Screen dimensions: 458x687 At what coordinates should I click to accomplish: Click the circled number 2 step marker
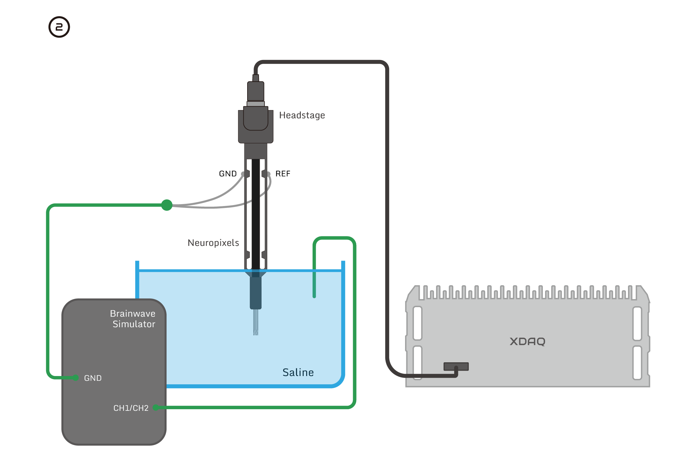tap(59, 27)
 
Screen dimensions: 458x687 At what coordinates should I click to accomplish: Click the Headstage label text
tap(302, 115)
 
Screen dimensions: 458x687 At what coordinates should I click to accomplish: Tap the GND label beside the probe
tap(228, 174)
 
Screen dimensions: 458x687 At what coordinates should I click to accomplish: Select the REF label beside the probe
tap(283, 174)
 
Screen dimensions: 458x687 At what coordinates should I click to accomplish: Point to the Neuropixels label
tap(213, 243)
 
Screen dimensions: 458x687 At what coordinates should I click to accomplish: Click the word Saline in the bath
tap(298, 373)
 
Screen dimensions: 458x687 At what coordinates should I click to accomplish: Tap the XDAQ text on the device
tap(527, 342)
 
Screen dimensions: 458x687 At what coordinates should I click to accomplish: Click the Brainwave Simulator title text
tap(133, 319)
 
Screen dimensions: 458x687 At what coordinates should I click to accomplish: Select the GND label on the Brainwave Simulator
tap(93, 378)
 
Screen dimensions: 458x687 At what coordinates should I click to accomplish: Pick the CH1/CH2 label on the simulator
tap(131, 408)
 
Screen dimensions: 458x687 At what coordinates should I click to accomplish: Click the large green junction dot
tap(167, 205)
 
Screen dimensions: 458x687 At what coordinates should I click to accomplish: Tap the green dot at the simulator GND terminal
tap(76, 378)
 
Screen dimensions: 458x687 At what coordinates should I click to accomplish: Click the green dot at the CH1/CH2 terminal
tap(156, 407)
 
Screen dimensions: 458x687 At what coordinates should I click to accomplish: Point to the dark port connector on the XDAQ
tap(456, 366)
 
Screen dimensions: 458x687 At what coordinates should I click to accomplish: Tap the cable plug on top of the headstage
tap(255, 91)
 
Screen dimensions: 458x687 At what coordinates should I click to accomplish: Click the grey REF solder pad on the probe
tap(268, 174)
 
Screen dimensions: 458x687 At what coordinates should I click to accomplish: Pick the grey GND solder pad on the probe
tap(243, 174)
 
